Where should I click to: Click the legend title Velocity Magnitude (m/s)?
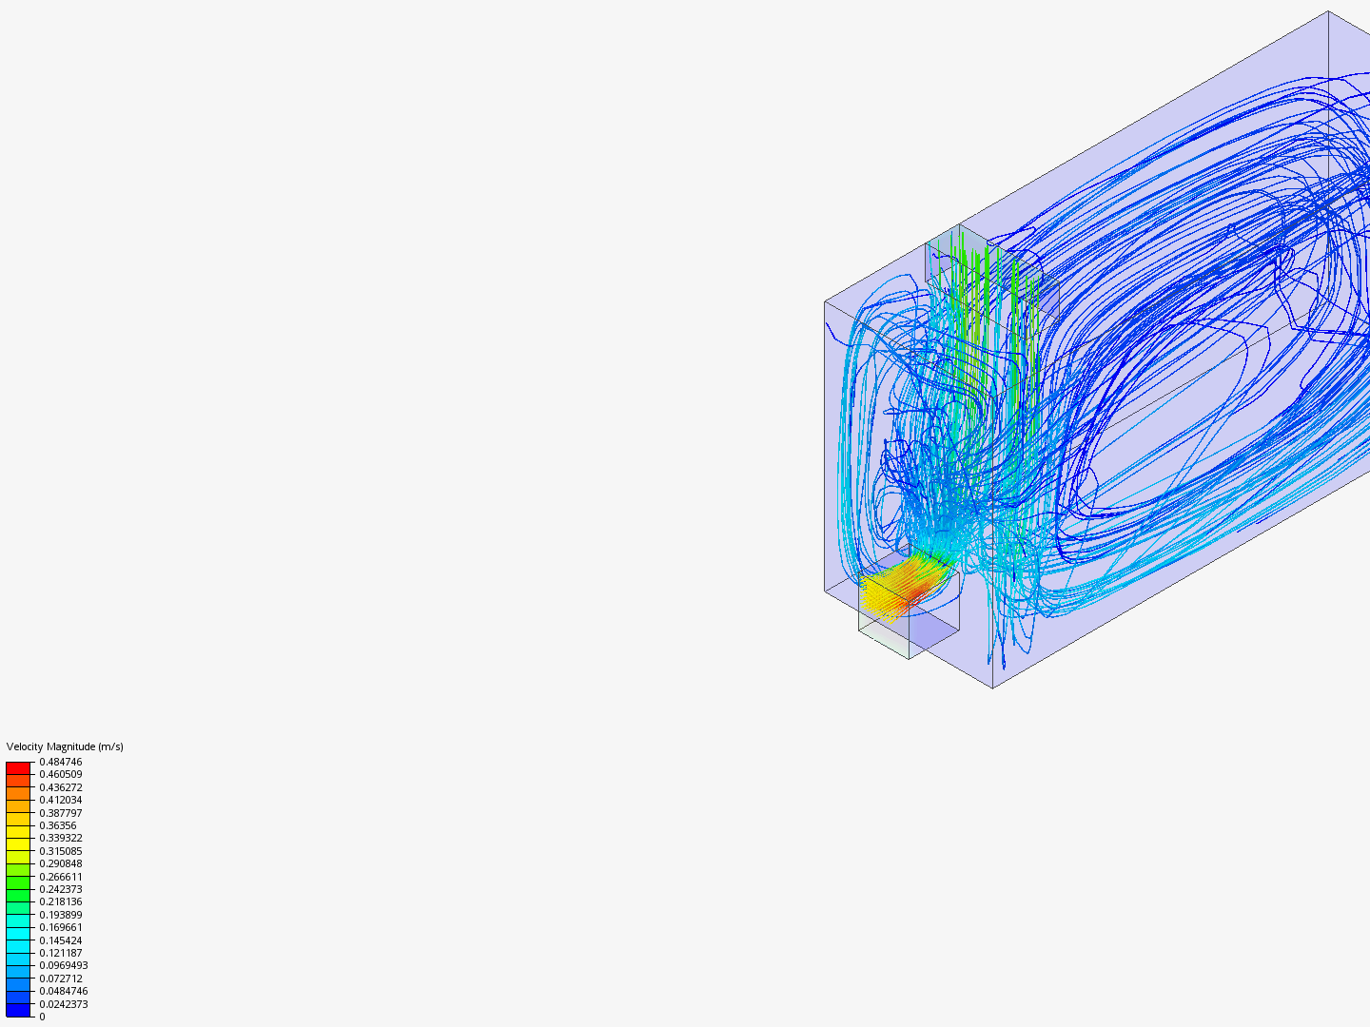tap(65, 746)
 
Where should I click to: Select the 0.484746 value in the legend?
tap(61, 762)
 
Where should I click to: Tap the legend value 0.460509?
tap(61, 774)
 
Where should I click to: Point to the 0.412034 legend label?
tap(61, 800)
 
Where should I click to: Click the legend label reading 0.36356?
tap(57, 825)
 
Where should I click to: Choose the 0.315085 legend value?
tap(61, 850)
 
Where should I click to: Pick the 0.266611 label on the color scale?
tap(61, 876)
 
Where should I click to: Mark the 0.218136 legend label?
tap(61, 901)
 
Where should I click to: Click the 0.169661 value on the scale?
tap(61, 927)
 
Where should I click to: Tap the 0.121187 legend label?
tap(61, 953)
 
